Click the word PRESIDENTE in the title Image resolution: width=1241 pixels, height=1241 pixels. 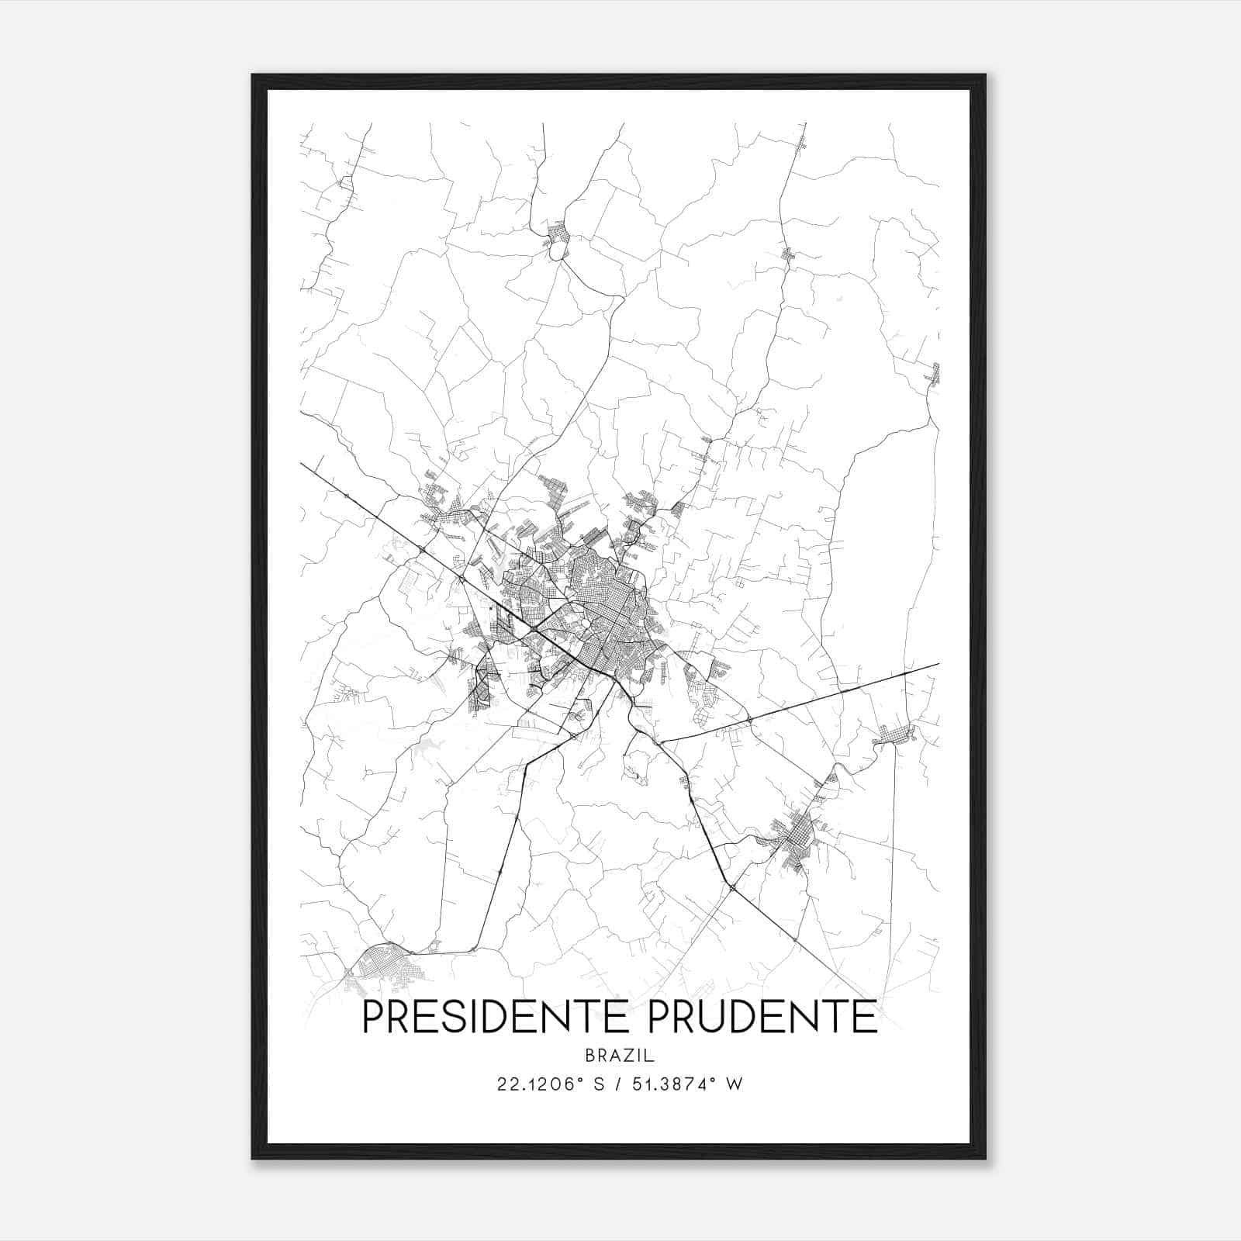click(497, 1018)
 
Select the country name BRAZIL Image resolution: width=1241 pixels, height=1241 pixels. click(620, 1056)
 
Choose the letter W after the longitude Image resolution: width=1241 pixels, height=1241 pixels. click(735, 1084)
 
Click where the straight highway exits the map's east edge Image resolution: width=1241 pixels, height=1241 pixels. click(938, 664)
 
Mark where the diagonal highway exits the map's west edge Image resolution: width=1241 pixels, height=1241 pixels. click(302, 464)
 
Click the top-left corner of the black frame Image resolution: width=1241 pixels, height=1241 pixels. click(253, 76)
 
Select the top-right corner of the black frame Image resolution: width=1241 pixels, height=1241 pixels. click(984, 76)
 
